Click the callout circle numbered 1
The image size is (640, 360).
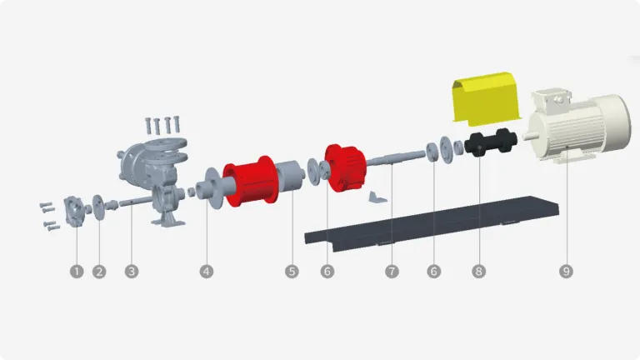77,271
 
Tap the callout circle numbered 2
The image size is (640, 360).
100,271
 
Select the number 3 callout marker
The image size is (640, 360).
131,271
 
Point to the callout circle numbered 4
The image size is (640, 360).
207,271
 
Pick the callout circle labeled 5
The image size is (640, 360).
291,271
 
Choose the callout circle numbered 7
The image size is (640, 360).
392,271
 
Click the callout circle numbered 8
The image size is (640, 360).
477,271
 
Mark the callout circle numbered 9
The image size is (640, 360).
566,271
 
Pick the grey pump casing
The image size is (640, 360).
150,171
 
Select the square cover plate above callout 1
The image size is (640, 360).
76,207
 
